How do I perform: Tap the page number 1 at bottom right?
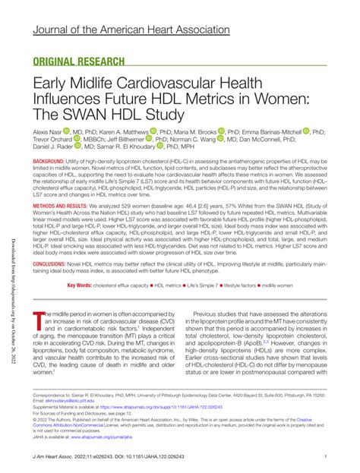pos(325,456)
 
